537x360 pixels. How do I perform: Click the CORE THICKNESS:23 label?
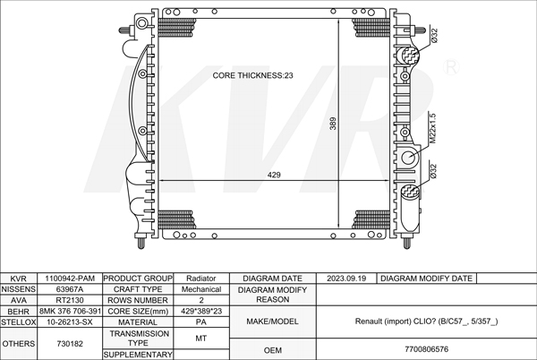pyautogui.click(x=252, y=75)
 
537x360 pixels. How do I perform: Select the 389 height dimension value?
pyautogui.click(x=333, y=124)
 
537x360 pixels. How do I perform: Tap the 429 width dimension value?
pyautogui.click(x=274, y=175)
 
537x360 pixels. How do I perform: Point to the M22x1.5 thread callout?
pyautogui.click(x=432, y=128)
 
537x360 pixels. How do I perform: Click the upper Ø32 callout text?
pyautogui.click(x=434, y=36)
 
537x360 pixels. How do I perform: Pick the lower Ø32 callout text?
pyautogui.click(x=433, y=171)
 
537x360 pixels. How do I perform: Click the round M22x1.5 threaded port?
pyautogui.click(x=408, y=158)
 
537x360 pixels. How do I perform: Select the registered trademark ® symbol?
pyautogui.click(x=451, y=67)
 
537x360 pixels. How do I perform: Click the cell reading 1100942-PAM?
pyautogui.click(x=70, y=279)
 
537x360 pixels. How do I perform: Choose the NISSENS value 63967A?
pyautogui.click(x=70, y=289)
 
